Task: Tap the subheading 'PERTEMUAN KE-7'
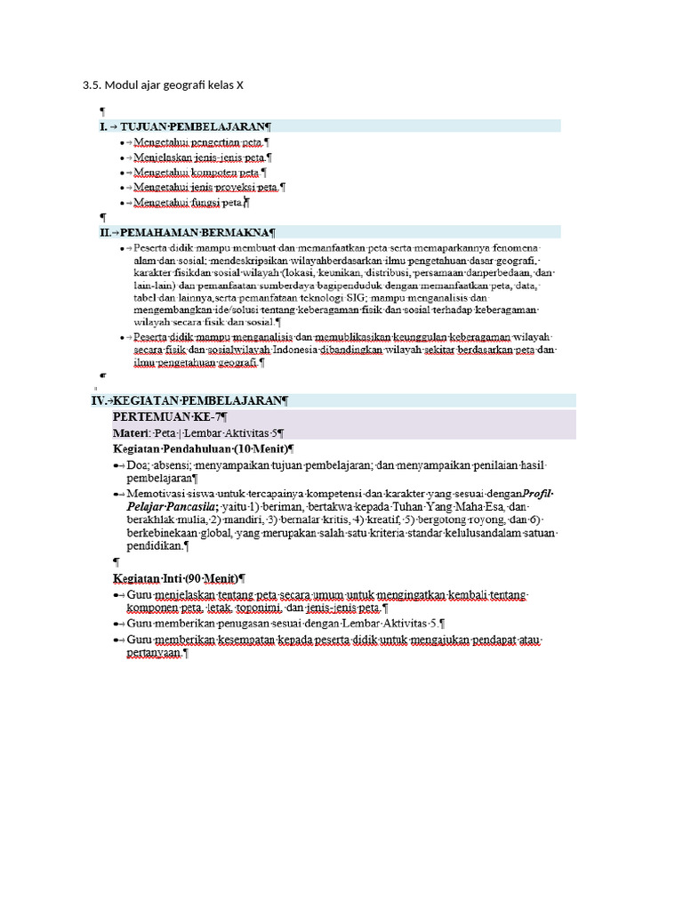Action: tap(169, 417)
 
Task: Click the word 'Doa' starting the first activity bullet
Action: tap(138, 465)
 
